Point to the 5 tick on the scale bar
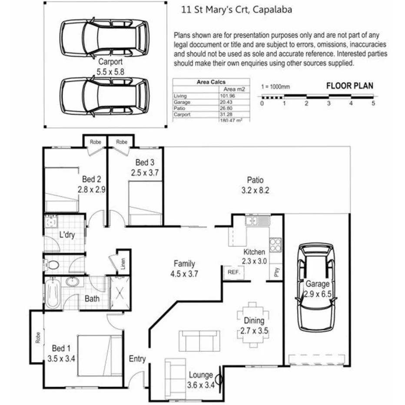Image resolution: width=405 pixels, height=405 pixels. (373, 103)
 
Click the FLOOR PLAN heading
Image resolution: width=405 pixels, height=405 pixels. (349, 86)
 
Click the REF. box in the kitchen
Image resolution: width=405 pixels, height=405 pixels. (229, 272)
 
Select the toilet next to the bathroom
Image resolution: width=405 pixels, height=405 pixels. (53, 264)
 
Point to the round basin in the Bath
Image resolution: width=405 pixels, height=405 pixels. (72, 282)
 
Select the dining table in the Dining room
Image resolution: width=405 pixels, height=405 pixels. (254, 325)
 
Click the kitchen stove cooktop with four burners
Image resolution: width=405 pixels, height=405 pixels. (276, 246)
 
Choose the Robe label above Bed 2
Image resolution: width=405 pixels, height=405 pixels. (96, 142)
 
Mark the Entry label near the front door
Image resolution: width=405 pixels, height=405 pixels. (137, 359)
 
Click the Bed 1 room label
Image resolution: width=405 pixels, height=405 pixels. (61, 349)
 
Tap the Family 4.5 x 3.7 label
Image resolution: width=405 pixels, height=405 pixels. (184, 268)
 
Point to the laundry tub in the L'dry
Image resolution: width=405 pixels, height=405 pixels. (51, 223)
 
